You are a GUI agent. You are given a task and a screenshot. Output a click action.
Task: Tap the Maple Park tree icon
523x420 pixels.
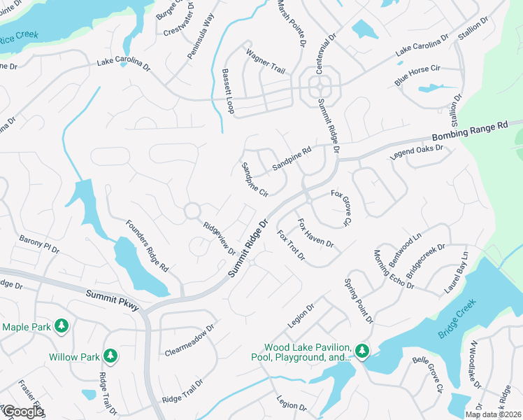click(62, 325)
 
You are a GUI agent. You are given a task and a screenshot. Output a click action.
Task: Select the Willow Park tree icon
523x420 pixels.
click(110, 356)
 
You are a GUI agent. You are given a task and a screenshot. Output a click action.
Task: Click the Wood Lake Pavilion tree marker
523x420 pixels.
click(361, 350)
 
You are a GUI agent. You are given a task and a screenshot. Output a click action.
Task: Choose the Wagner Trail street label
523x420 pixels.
click(265, 59)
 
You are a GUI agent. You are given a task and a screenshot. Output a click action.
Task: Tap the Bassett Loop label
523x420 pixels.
click(228, 92)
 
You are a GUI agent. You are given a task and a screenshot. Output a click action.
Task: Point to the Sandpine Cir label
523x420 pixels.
click(254, 179)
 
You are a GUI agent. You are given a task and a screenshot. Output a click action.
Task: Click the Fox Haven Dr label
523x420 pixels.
click(315, 234)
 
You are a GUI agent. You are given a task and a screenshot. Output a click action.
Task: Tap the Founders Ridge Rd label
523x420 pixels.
click(147, 246)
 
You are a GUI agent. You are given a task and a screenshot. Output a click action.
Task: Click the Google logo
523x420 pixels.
click(23, 412)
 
